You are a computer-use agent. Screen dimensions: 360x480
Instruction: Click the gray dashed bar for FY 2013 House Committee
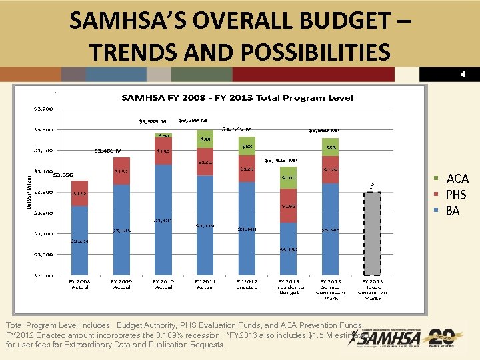click(x=373, y=233)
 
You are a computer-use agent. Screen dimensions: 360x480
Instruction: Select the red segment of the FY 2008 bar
click(x=79, y=193)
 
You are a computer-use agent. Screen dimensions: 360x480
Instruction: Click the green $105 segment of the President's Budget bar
click(x=289, y=178)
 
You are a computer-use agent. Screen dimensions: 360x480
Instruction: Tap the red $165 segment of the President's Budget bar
click(x=289, y=207)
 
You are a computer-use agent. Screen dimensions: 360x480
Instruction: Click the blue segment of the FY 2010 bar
click(x=163, y=220)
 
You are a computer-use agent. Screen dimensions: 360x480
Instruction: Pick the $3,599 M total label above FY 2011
click(x=193, y=121)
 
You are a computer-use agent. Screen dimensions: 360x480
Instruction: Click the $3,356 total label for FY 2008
click(x=63, y=175)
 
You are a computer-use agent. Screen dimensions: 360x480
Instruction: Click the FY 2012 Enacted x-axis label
click(x=247, y=284)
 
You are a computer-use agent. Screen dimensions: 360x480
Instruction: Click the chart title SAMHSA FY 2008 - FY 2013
click(x=237, y=98)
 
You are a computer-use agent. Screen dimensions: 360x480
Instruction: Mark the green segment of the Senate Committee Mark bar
click(x=331, y=147)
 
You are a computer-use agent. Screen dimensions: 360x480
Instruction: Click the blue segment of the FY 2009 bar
click(x=121, y=230)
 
